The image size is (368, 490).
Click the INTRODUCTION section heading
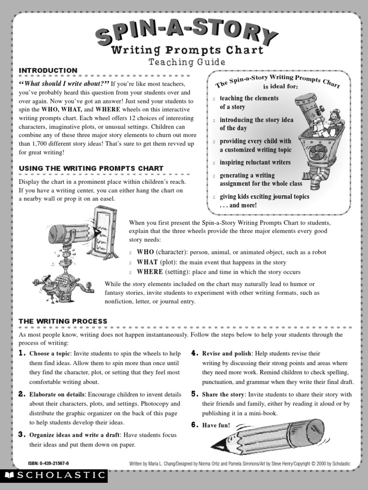pyautogui.click(x=48, y=70)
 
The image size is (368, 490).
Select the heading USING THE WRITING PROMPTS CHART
pyautogui.click(x=91, y=168)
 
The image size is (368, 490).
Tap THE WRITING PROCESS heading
pyautogui.click(x=63, y=321)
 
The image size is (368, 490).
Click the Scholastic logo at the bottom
pyautogui.click(x=54, y=475)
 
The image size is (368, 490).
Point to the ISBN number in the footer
pyautogui.click(x=49, y=464)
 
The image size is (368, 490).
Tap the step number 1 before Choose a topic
pyautogui.click(x=22, y=353)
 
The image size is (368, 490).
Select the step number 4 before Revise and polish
pyautogui.click(x=195, y=353)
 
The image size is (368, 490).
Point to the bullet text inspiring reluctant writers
pyautogui.click(x=255, y=163)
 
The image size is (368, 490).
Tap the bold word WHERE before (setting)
pyautogui.click(x=150, y=272)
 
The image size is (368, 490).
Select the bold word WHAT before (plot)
pyautogui.click(x=148, y=262)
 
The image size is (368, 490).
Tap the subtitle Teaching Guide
pyautogui.click(x=186, y=62)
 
